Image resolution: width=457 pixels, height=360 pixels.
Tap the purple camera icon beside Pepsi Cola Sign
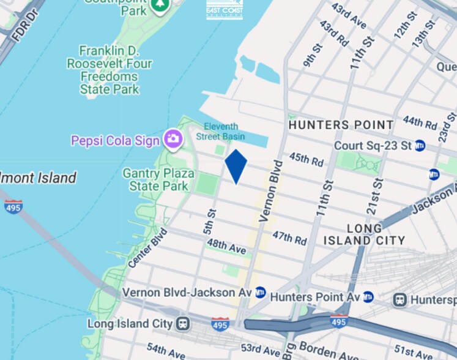pyautogui.click(x=173, y=139)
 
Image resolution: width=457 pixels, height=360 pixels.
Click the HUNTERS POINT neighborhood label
pyautogui.click(x=341, y=125)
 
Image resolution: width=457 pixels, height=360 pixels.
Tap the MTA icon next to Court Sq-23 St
pyautogui.click(x=420, y=146)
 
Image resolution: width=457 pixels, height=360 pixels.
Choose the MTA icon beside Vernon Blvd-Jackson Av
pyautogui.click(x=261, y=292)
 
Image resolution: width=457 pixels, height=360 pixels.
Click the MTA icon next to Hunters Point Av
pyautogui.click(x=368, y=297)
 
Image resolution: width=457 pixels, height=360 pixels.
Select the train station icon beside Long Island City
pyautogui.click(x=182, y=323)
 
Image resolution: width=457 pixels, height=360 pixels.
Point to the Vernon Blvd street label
pyautogui.click(x=270, y=190)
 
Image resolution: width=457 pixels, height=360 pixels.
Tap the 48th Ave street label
pyautogui.click(x=226, y=247)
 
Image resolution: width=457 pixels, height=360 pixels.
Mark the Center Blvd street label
pyautogui.click(x=147, y=248)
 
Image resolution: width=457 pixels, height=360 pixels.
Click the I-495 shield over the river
pyautogui.click(x=13, y=206)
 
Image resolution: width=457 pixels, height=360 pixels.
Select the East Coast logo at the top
pyautogui.click(x=225, y=9)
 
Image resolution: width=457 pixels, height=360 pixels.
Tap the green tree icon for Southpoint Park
pyautogui.click(x=160, y=5)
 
